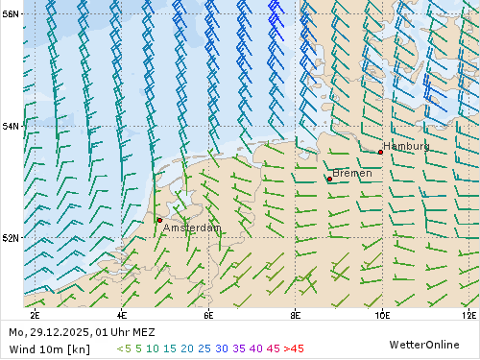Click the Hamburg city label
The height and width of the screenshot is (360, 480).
coord(406,146)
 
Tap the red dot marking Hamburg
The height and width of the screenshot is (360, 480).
coord(380,152)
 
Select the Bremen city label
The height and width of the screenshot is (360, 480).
coord(351,173)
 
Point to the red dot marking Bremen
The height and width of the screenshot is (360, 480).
coord(329,179)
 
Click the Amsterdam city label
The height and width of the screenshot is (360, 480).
coord(191,228)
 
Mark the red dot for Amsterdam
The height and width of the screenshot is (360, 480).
coord(159,220)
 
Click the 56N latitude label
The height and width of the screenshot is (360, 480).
coord(10,14)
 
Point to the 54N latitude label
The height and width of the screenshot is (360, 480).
coord(10,126)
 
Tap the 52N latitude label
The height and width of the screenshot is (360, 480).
coord(10,237)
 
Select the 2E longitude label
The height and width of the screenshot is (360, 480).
coord(35,314)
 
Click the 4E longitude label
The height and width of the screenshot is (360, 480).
coord(121,314)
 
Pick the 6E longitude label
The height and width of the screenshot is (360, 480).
coord(208,314)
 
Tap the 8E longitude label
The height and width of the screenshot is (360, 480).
coord(295,314)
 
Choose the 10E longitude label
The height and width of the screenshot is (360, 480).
coord(381,314)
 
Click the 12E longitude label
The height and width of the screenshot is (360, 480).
coord(468,314)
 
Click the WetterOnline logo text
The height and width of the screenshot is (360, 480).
coord(423,344)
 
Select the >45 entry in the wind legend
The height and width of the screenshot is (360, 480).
coord(294,348)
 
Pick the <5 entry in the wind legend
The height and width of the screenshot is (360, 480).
coord(124,348)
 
